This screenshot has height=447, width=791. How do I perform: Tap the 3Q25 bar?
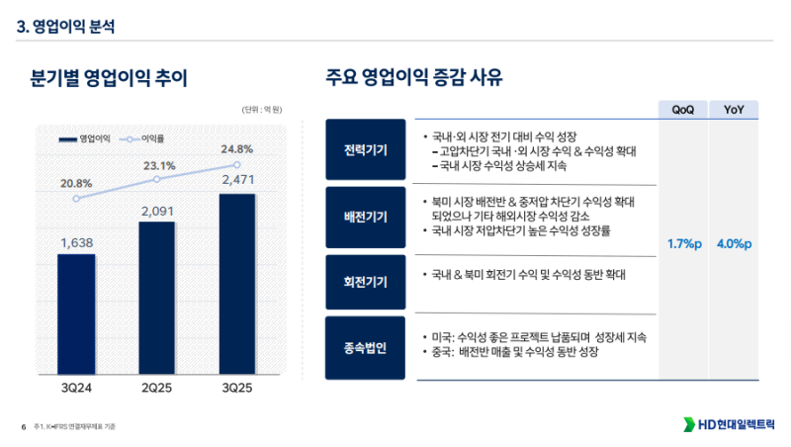pos(237,283)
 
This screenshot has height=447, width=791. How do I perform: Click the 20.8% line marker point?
pos(77,198)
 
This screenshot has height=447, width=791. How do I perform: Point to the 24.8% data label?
pos(237,149)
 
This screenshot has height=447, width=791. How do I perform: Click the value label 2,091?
pos(156,210)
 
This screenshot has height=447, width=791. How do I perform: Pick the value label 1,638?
pos(76,242)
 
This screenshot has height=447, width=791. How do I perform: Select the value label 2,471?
pos(237,181)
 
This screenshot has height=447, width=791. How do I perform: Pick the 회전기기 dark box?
pos(365,281)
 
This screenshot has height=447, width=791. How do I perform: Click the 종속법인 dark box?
pos(365,347)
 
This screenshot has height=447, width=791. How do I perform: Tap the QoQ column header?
pos(683,110)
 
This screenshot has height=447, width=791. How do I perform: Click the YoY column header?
pos(734,110)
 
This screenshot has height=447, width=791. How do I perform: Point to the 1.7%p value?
pos(684,244)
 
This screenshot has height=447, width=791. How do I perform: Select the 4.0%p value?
pos(734,244)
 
